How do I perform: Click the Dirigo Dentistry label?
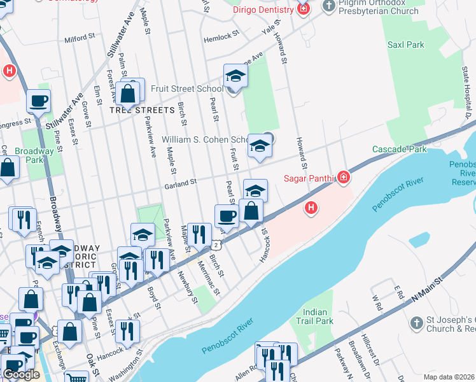(262, 9)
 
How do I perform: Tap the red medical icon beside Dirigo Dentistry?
(303, 9)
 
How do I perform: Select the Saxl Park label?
(405, 45)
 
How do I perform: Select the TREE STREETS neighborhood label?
(141, 110)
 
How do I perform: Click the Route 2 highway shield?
(217, 244)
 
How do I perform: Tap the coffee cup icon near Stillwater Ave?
(38, 100)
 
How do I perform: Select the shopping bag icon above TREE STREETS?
(128, 94)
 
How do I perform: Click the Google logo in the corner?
(21, 374)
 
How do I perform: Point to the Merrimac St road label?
(207, 280)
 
